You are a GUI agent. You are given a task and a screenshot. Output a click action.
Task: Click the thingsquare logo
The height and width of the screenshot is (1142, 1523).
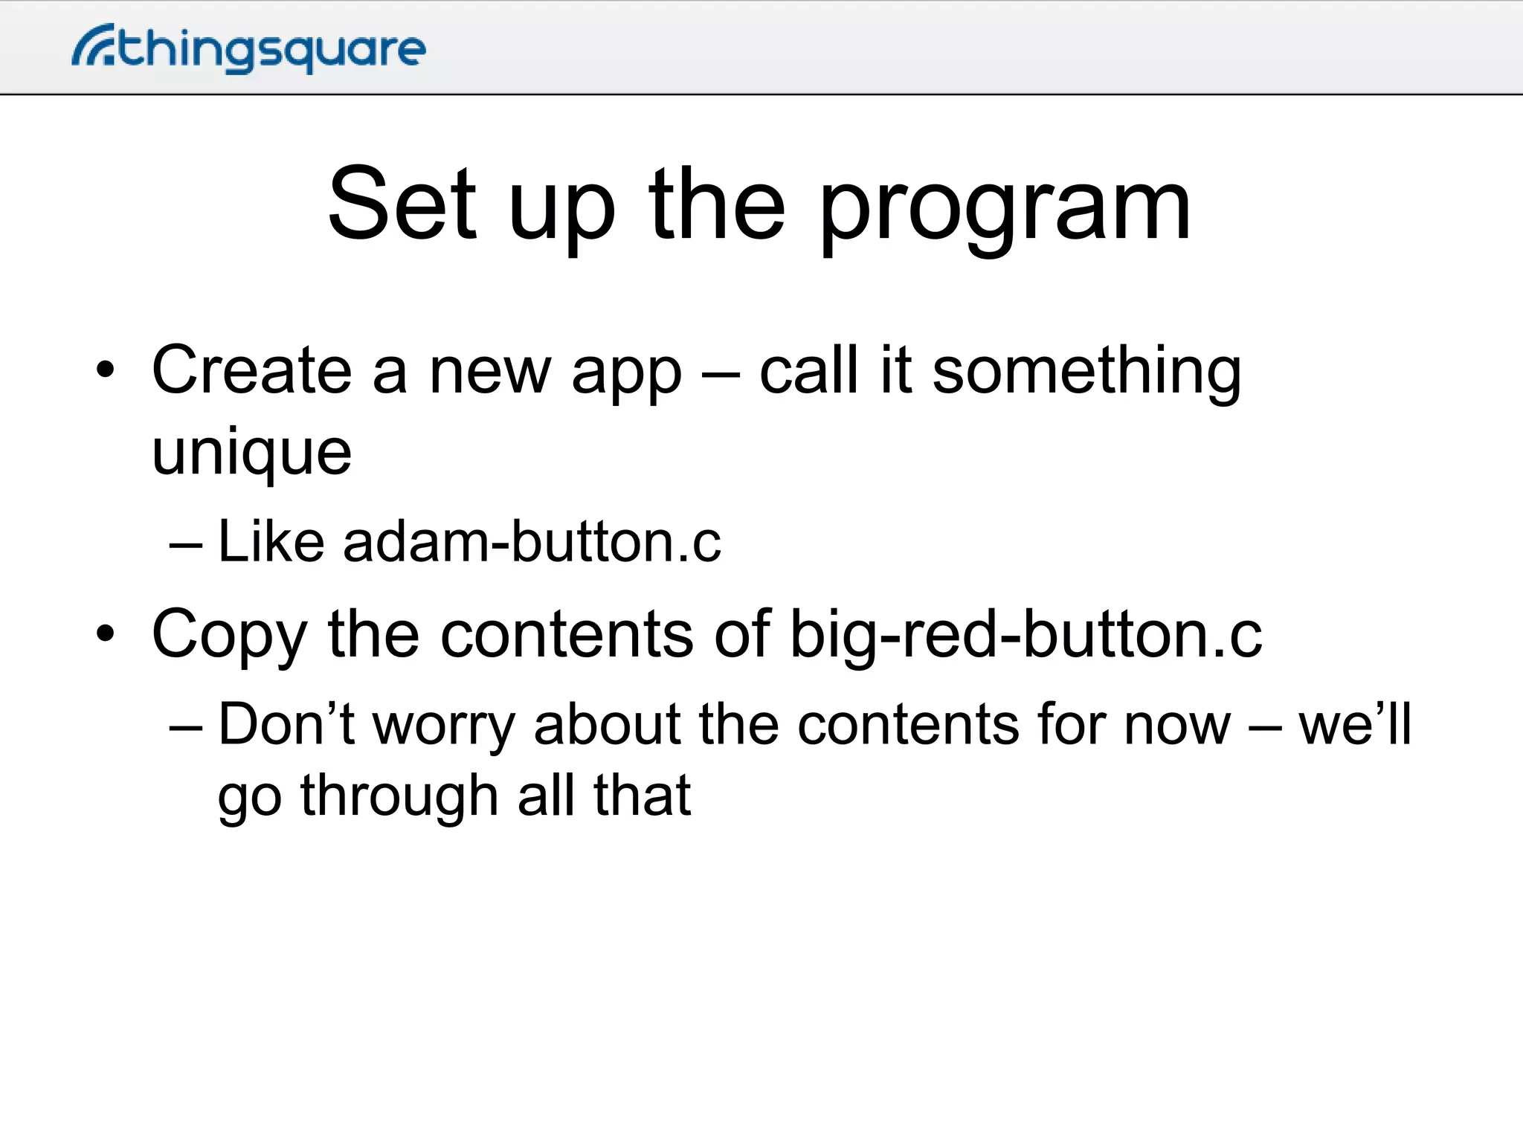249,49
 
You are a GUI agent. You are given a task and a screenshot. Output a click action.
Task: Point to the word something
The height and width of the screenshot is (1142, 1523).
1086,373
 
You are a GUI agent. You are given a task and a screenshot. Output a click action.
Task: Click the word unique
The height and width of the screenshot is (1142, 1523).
251,454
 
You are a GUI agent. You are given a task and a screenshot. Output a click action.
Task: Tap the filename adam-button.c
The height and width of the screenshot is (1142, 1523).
532,541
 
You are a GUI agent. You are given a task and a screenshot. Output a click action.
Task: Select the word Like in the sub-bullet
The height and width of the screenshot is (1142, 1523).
271,541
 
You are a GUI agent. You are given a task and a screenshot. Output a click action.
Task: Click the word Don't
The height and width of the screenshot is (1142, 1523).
286,724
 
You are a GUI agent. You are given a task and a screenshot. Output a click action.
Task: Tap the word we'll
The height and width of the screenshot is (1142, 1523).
1354,724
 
